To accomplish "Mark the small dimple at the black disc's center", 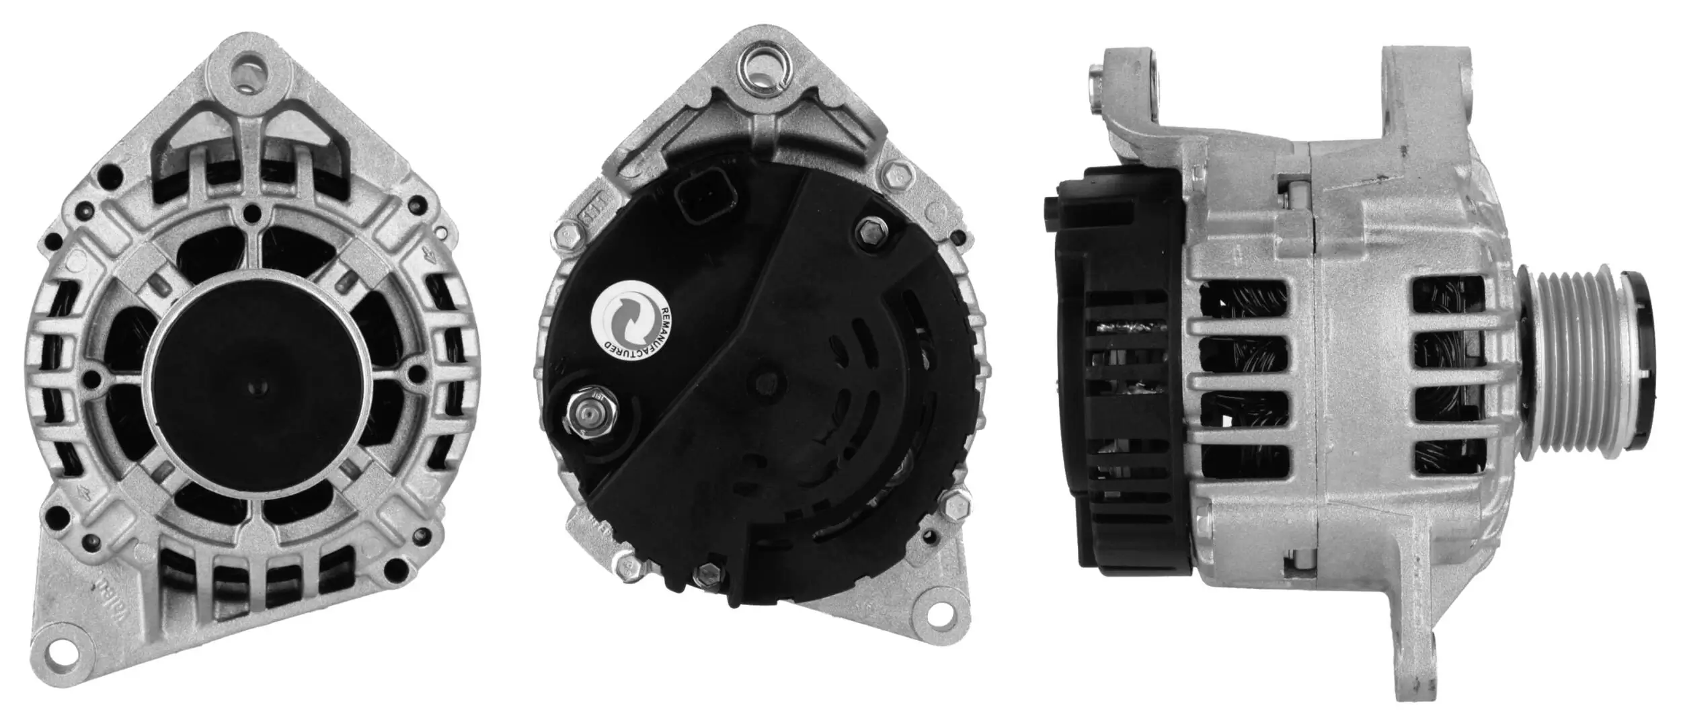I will tap(258, 386).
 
